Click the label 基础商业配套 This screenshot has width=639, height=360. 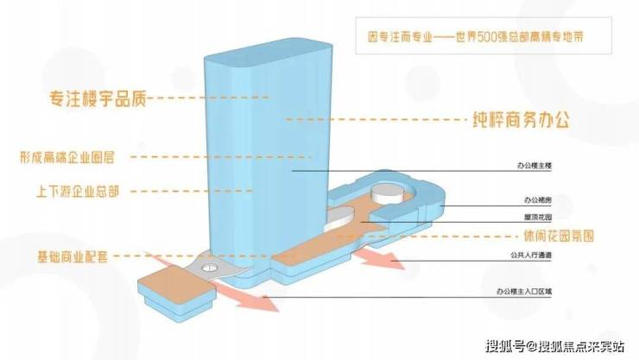click(x=74, y=256)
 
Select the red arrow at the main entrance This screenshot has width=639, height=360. click(x=255, y=301)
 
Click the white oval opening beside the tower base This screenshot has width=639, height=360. click(x=343, y=215)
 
